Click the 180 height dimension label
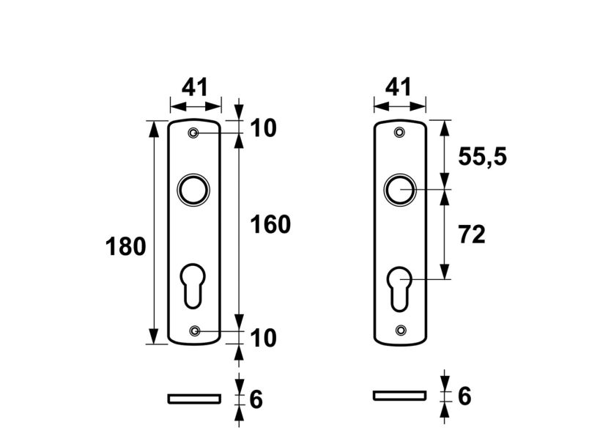[126, 247]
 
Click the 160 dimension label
[271, 224]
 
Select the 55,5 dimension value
[482, 156]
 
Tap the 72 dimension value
[473, 234]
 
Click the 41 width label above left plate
[195, 88]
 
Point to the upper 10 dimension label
[264, 128]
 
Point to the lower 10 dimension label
[264, 338]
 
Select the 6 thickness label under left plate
[256, 399]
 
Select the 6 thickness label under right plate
[464, 396]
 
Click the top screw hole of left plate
[193, 133]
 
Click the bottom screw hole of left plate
[194, 331]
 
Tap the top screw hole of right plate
[399, 133]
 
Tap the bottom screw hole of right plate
[400, 330]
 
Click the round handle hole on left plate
[193, 190]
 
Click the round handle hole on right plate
[399, 190]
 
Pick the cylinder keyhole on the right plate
[400, 287]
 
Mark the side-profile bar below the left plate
[194, 398]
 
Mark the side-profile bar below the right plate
[399, 396]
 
